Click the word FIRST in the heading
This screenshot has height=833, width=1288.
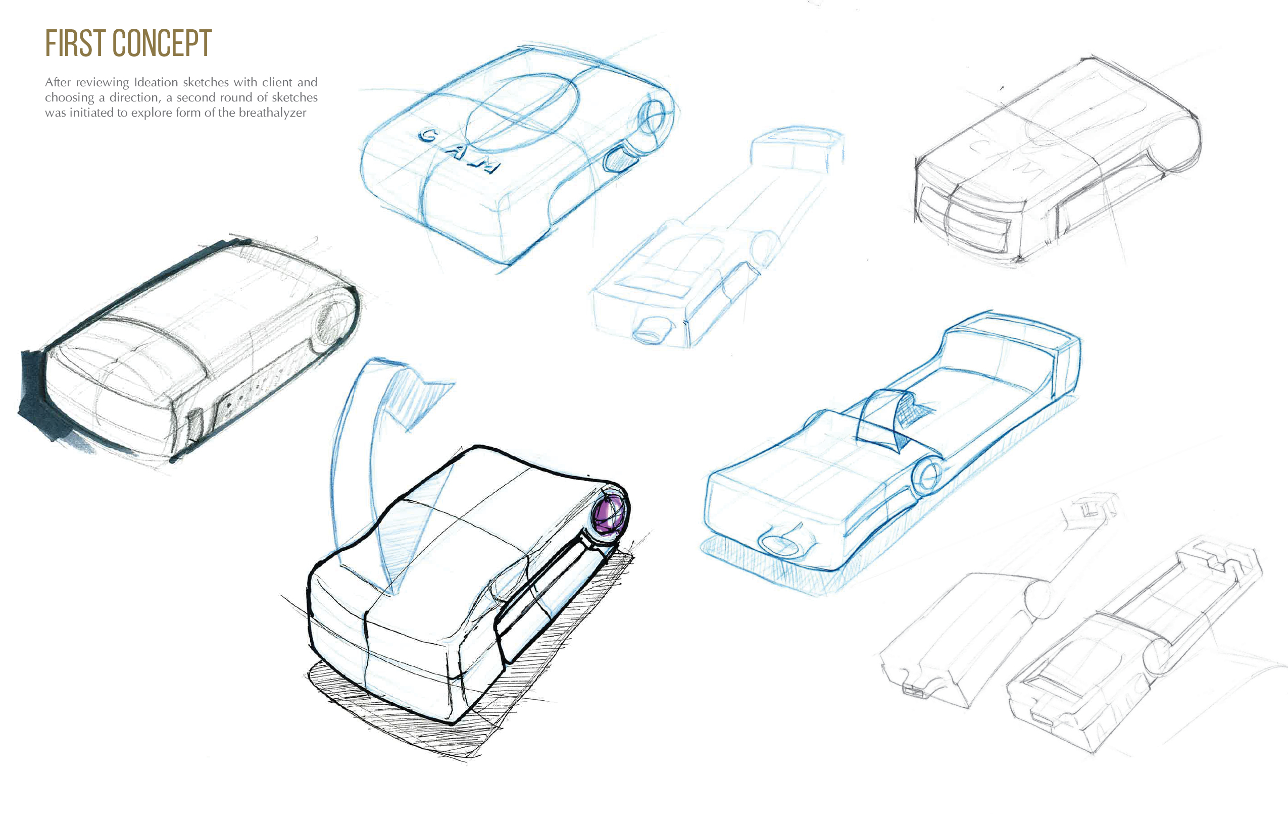pyautogui.click(x=75, y=43)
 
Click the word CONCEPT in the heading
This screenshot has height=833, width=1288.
pyautogui.click(x=162, y=43)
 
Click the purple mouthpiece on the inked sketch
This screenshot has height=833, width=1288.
pyautogui.click(x=609, y=514)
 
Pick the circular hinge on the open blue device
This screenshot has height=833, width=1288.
pyautogui.click(x=927, y=476)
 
